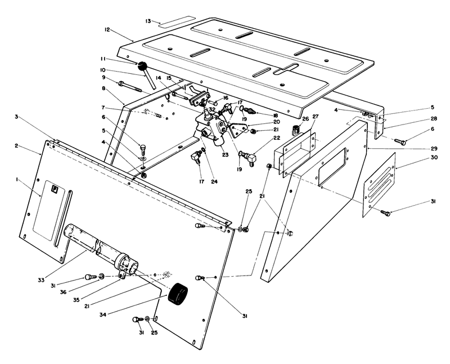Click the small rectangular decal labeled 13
click(168, 24)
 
